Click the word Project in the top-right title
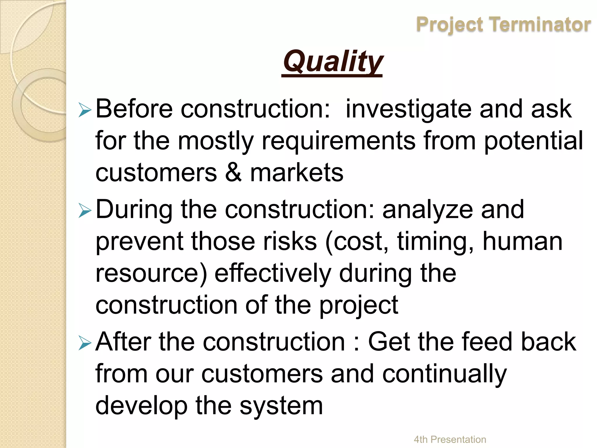pos(450,25)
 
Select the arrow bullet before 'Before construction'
pos(85,111)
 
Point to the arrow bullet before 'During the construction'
pos(85,211)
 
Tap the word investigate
pos(408,109)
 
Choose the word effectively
pos(273,274)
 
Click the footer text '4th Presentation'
pos(450,439)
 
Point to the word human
pos(522,242)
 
